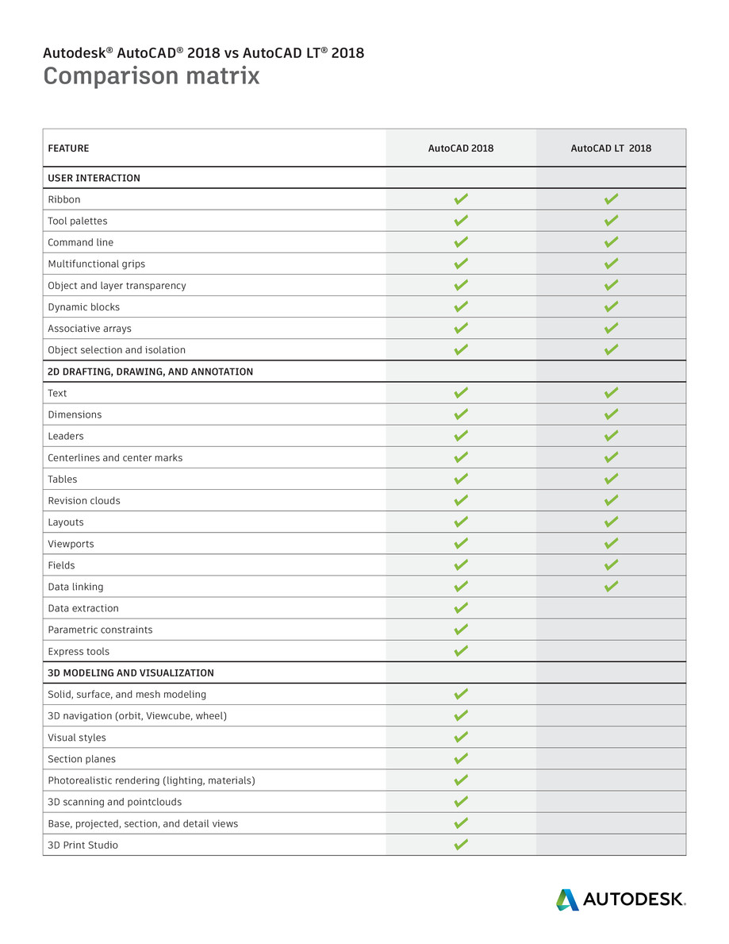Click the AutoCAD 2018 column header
(460, 148)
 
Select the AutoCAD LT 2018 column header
(611, 148)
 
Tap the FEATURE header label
(68, 148)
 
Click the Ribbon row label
(64, 199)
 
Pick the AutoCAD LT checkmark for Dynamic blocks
(611, 306)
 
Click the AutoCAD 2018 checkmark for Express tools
(461, 651)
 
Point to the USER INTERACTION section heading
(94, 178)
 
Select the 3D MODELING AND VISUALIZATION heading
(131, 672)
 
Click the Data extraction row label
(83, 608)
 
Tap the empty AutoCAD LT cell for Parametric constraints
(611, 630)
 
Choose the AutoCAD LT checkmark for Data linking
(611, 587)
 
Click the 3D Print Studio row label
(82, 845)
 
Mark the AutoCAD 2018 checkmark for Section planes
(461, 759)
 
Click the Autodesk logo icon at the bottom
(567, 900)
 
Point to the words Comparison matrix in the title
(152, 76)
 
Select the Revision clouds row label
(84, 501)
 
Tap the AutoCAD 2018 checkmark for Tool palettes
(461, 221)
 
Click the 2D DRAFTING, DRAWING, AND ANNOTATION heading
(151, 372)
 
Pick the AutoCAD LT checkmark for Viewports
(611, 544)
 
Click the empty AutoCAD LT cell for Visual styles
(611, 738)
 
